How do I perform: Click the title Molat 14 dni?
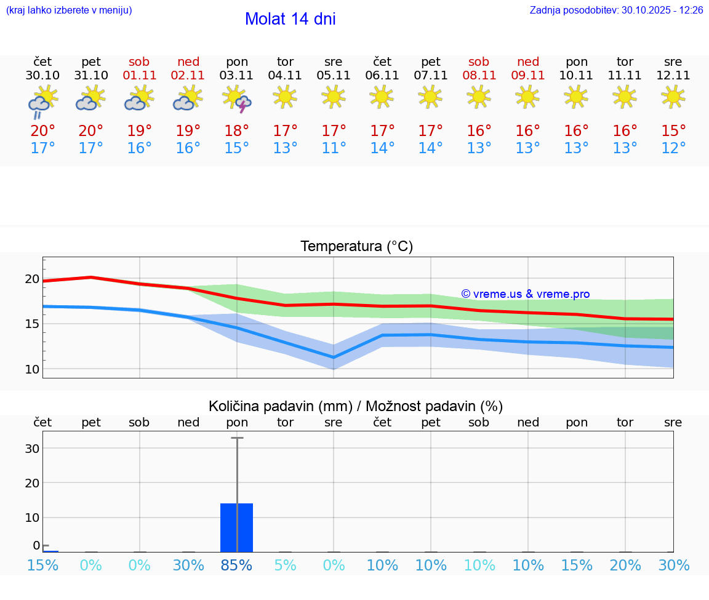tap(290, 19)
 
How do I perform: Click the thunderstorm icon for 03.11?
tap(237, 99)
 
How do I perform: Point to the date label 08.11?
tap(479, 76)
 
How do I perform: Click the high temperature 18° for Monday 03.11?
tap(237, 130)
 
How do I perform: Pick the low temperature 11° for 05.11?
tap(334, 148)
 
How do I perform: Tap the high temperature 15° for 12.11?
tap(673, 130)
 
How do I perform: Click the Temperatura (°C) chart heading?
tap(356, 246)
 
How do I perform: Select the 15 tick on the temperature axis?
tap(32, 324)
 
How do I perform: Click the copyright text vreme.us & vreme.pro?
tap(525, 294)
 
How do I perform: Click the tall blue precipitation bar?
tap(237, 527)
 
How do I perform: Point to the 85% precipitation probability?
tap(237, 565)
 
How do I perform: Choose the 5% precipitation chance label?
tap(285, 565)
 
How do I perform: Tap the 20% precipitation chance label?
tap(625, 565)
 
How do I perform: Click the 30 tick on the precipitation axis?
tap(32, 449)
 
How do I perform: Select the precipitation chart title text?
tap(356, 406)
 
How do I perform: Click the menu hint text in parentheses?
tap(69, 10)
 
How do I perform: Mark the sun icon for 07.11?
tap(430, 96)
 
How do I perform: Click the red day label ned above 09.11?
tap(528, 62)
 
